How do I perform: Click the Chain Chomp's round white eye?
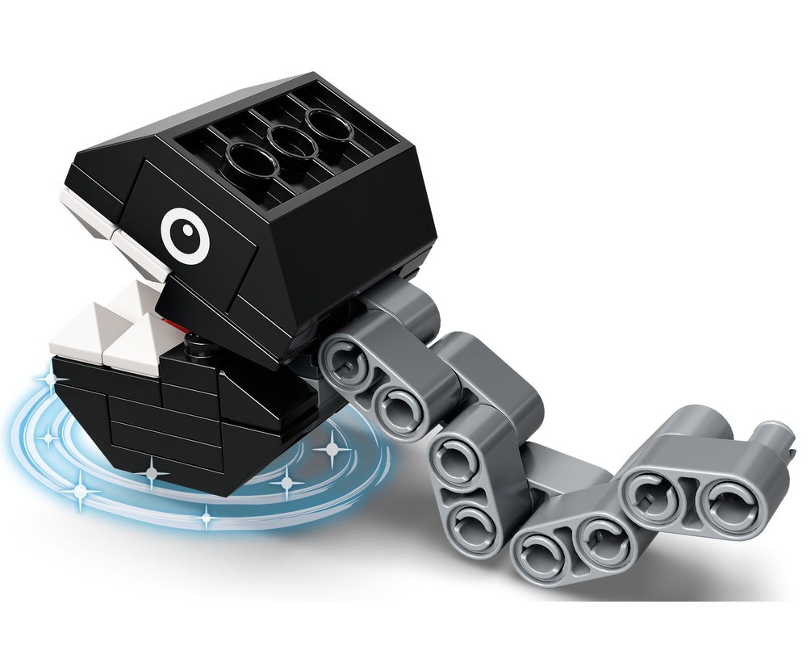pos(185,230)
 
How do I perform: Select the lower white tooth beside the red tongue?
pos(137,339)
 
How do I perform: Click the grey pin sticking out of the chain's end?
pos(776,437)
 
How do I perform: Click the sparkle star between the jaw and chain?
pos(330,447)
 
